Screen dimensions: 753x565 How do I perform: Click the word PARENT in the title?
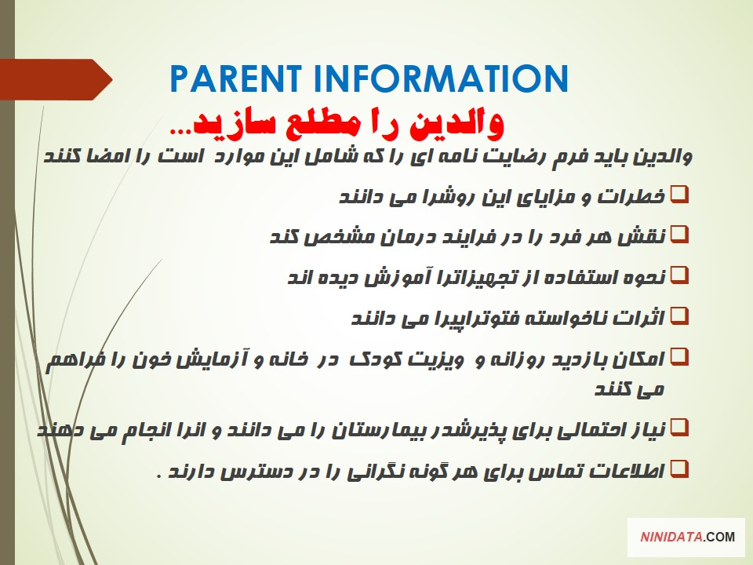click(x=236, y=78)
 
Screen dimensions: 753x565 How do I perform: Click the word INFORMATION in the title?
click(x=442, y=78)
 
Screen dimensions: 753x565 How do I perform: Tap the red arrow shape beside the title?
click(x=56, y=79)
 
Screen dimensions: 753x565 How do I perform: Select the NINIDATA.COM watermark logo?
click(x=686, y=537)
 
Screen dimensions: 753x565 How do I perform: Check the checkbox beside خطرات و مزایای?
click(x=679, y=195)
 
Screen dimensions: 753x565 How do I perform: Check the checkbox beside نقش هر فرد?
click(x=679, y=235)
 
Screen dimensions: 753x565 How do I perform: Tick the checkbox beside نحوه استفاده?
click(x=679, y=275)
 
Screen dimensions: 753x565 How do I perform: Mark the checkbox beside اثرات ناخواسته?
click(x=679, y=316)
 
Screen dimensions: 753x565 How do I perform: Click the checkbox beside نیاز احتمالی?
click(x=679, y=428)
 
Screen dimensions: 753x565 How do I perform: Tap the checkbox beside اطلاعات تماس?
click(x=679, y=469)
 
